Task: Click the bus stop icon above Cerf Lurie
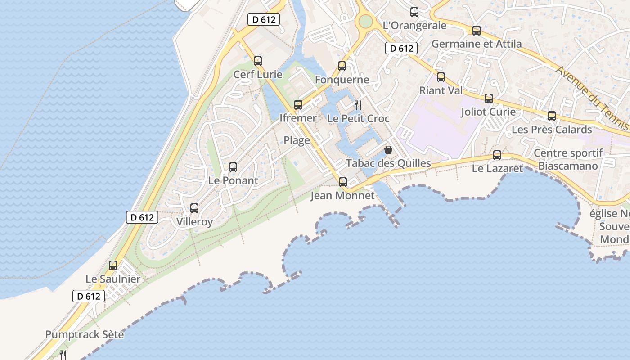(x=258, y=61)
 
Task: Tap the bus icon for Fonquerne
(x=342, y=67)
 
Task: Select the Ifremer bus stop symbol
(x=298, y=105)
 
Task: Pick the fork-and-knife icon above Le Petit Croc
(x=358, y=105)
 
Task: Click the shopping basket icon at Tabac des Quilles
(x=388, y=150)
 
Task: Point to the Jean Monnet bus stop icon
(x=343, y=182)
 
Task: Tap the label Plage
(x=297, y=140)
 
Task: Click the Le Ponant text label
(x=233, y=181)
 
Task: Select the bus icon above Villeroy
(x=194, y=208)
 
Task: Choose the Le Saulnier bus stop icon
(x=113, y=265)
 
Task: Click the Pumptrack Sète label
(x=85, y=335)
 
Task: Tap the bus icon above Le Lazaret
(x=497, y=155)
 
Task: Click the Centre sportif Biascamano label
(x=568, y=159)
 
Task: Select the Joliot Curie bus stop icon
(x=489, y=99)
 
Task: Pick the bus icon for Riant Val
(x=441, y=77)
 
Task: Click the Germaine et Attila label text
(x=477, y=44)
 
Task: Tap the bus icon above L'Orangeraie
(x=414, y=12)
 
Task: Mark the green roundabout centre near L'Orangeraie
(x=366, y=21)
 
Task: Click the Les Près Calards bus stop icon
(x=552, y=116)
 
